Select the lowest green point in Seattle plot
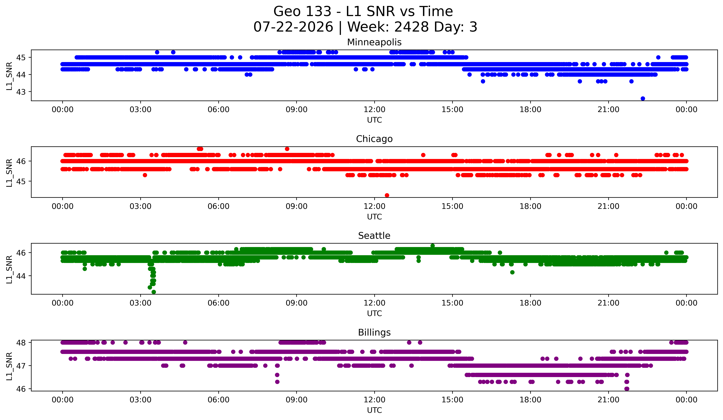(x=154, y=292)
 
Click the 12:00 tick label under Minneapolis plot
(x=374, y=110)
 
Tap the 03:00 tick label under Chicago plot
(x=141, y=206)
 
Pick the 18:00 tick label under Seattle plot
(x=531, y=303)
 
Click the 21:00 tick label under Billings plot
(x=609, y=400)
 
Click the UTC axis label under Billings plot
(x=374, y=410)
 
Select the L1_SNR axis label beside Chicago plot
(x=9, y=173)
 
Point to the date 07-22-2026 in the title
(x=293, y=27)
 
